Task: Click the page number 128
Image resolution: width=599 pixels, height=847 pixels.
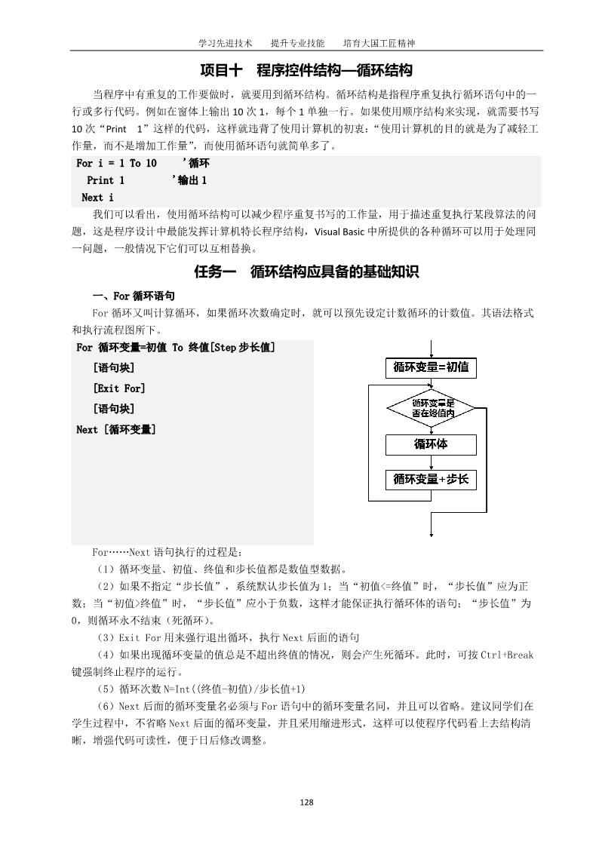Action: tap(306, 802)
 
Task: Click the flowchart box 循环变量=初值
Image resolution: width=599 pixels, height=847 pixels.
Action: tap(431, 367)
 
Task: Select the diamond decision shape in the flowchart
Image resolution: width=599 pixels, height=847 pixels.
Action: tap(431, 408)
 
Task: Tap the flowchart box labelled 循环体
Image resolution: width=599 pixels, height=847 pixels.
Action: tap(431, 444)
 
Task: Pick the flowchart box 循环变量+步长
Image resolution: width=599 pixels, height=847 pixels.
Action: tap(431, 479)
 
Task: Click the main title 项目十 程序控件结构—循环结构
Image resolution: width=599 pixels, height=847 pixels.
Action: tap(306, 71)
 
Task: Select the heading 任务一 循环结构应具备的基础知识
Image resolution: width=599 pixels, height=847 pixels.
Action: tap(306, 272)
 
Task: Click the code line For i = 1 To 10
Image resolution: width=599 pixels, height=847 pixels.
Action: tap(117, 164)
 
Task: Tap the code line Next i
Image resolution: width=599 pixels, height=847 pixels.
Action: tap(97, 198)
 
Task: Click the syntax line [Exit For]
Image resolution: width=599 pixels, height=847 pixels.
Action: tap(119, 388)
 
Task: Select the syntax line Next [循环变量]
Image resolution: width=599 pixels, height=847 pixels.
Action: tap(116, 429)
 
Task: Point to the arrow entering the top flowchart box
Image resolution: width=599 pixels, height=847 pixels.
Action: tap(431, 348)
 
